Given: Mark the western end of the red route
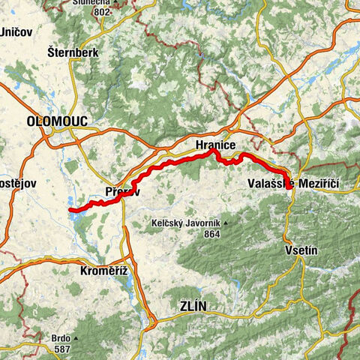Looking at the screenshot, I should coord(70,211).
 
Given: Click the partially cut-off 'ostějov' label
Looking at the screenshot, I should coord(13,184).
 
